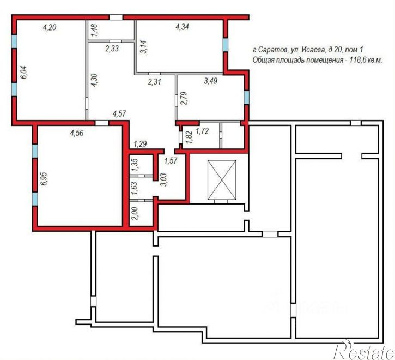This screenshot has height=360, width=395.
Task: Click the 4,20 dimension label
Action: point(50,27)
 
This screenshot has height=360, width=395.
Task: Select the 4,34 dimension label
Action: point(182,27)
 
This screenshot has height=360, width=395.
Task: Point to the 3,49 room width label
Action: point(211,81)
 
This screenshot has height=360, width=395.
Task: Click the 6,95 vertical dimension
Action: point(44,179)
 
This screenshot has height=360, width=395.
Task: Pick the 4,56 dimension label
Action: point(77,133)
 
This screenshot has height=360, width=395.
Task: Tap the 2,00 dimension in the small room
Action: point(135,213)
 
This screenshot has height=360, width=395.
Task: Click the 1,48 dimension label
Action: point(95,31)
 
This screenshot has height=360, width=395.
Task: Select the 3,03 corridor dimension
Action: point(163,179)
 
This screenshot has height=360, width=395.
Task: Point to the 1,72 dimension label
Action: point(202,131)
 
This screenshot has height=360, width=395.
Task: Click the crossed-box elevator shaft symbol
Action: point(222,179)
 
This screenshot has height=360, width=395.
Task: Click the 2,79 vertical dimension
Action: point(184,98)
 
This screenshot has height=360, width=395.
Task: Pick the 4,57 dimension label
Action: point(119,113)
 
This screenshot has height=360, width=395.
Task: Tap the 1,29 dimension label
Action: point(141,144)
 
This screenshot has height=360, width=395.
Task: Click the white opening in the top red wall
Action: point(116,17)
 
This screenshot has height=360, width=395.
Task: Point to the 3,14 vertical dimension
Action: point(144,47)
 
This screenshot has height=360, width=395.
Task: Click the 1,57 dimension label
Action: point(171,160)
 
